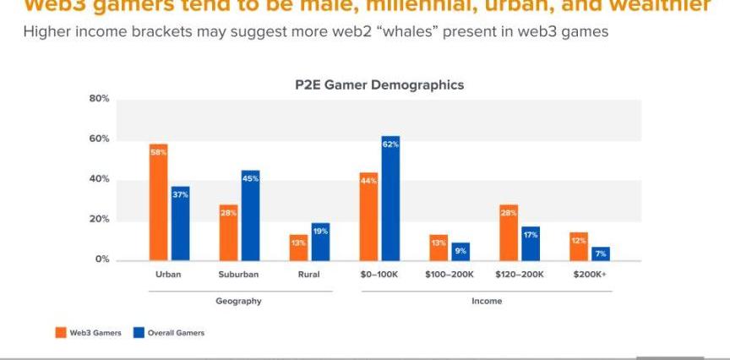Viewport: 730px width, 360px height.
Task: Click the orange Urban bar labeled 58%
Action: [x=159, y=202]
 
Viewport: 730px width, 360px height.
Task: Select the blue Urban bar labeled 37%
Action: [x=180, y=223]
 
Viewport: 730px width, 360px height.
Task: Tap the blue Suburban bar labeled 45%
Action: [x=250, y=215]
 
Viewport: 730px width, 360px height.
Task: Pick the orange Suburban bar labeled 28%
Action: [x=229, y=232]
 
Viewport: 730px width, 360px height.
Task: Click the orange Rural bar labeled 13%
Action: [x=298, y=247]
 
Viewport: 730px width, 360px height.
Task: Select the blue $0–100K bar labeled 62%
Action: [x=390, y=198]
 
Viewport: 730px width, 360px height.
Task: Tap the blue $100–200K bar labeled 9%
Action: [x=460, y=251]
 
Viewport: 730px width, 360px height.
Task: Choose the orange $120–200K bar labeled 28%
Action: [x=508, y=232]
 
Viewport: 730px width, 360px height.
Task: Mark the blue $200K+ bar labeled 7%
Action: [x=601, y=253]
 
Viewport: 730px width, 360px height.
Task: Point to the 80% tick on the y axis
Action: [x=100, y=99]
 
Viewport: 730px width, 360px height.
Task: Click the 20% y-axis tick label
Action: [x=100, y=220]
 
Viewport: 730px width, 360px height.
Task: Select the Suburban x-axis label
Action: [x=238, y=275]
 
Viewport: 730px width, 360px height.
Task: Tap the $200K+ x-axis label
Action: [x=590, y=275]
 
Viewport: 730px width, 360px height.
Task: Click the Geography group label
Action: [x=238, y=301]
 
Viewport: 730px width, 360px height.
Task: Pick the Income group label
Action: [x=486, y=301]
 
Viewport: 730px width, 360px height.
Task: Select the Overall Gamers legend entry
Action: [x=169, y=332]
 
